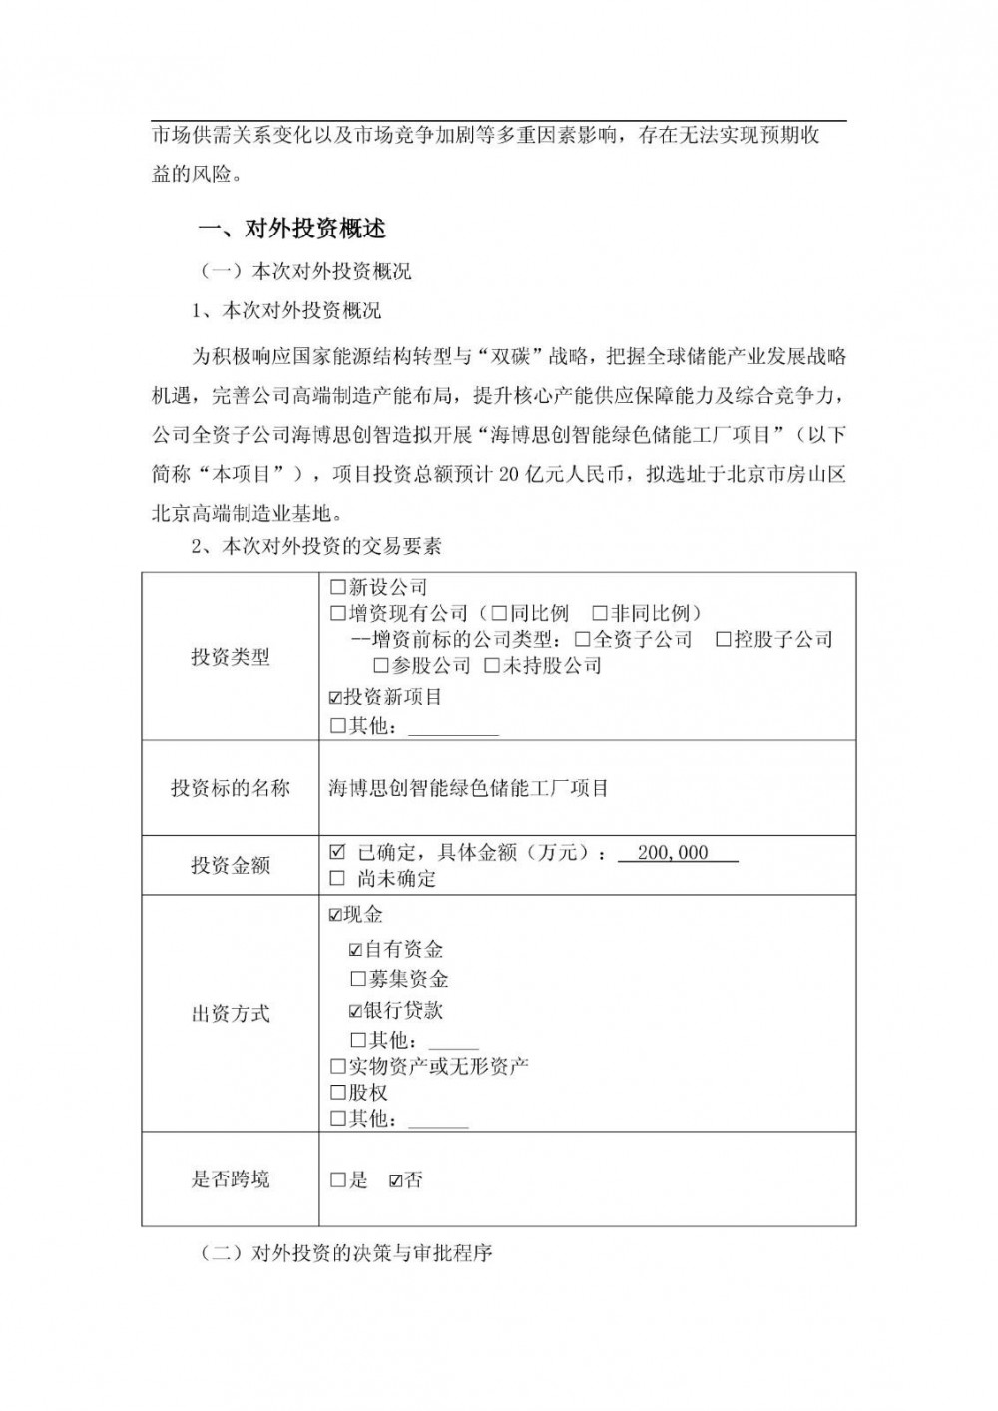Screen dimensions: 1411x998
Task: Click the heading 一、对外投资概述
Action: tap(292, 229)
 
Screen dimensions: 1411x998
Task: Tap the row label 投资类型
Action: tap(231, 657)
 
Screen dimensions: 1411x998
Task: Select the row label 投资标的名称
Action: tap(231, 788)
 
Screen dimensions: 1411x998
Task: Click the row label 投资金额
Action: tap(231, 865)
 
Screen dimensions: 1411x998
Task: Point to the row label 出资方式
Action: tap(231, 1014)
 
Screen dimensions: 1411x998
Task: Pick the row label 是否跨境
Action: tap(231, 1179)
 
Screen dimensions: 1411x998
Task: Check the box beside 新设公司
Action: tap(337, 588)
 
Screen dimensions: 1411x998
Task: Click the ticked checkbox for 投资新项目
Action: tap(335, 697)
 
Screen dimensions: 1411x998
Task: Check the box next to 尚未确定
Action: tap(337, 879)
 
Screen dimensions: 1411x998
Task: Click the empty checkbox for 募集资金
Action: tap(358, 980)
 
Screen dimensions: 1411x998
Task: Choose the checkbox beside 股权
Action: tap(337, 1093)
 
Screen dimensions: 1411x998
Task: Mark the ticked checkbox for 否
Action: tap(395, 1180)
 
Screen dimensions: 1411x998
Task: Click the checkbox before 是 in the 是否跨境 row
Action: tap(337, 1180)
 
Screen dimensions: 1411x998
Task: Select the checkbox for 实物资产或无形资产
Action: tap(337, 1067)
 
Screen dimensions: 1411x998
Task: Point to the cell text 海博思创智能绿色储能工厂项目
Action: tap(468, 788)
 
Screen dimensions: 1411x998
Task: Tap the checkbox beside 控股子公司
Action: tap(724, 640)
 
